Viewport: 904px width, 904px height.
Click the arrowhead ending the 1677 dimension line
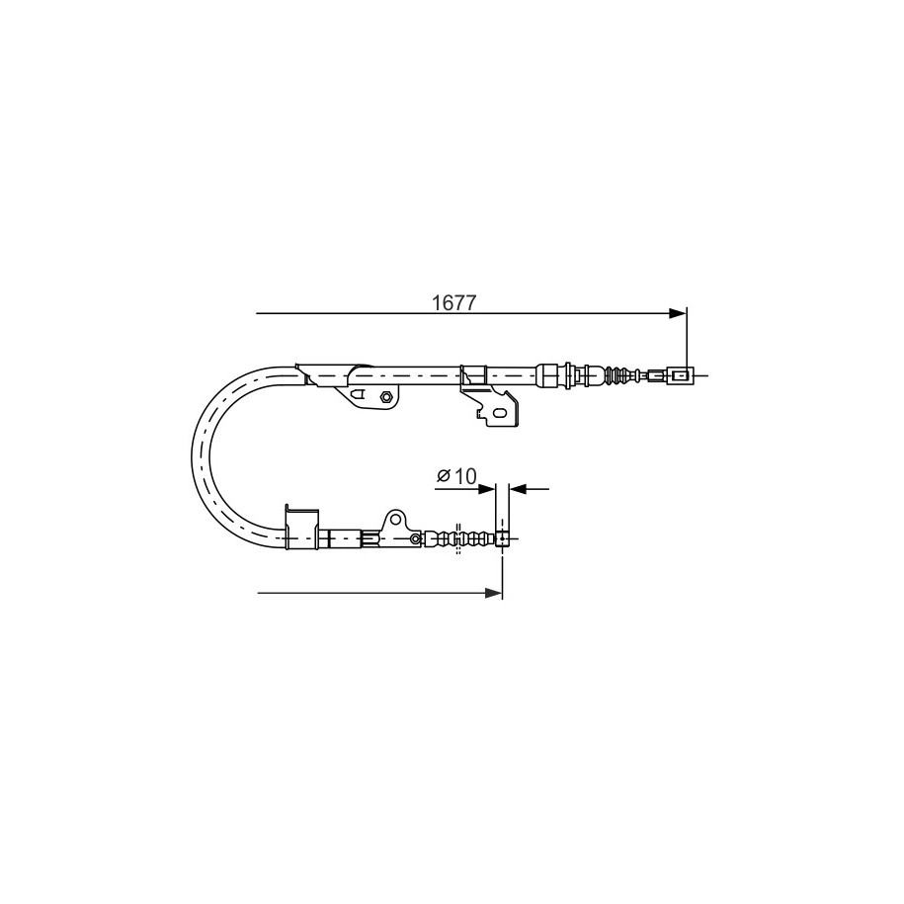(x=678, y=313)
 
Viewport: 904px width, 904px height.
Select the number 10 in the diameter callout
(x=466, y=476)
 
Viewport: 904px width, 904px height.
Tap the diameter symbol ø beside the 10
(x=444, y=476)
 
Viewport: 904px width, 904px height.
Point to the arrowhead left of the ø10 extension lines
(x=487, y=489)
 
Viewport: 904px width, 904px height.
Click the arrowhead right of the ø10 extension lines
(x=519, y=489)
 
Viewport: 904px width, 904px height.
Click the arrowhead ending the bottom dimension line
(x=494, y=593)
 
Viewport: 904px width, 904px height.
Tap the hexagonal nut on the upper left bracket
(x=386, y=396)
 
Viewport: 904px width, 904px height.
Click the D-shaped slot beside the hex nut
(x=358, y=395)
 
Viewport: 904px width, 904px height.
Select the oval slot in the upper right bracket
(x=501, y=413)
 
